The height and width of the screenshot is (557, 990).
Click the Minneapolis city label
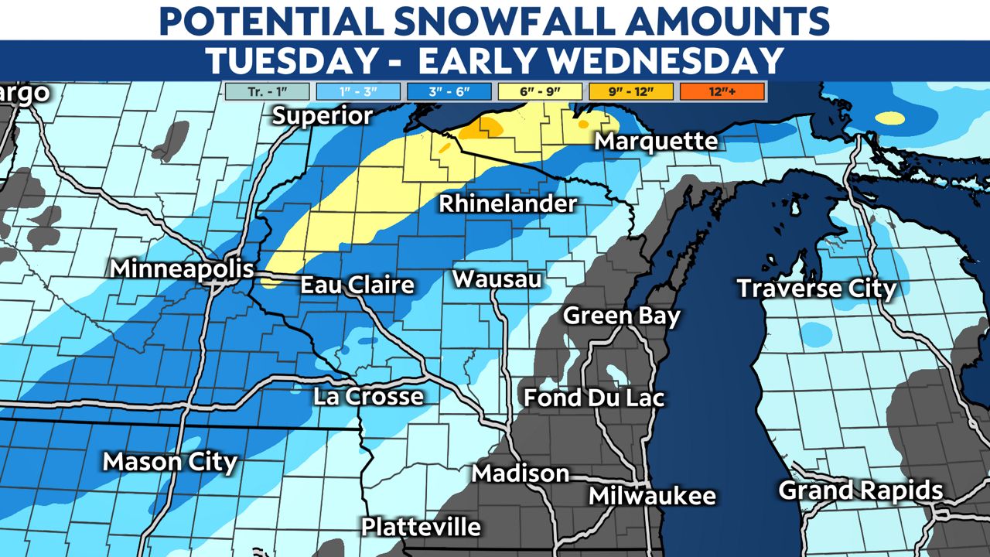click(182, 269)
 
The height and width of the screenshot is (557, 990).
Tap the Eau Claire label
click(357, 285)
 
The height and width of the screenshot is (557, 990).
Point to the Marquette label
click(656, 142)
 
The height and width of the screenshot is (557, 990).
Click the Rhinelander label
click(508, 204)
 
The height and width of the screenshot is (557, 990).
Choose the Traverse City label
click(816, 289)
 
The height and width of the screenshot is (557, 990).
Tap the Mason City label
click(170, 462)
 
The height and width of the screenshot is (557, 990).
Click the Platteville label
click(421, 528)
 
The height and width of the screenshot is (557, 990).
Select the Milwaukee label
click(652, 496)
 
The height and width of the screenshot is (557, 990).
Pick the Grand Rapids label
click(860, 490)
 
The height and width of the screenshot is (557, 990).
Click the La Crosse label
click(368, 397)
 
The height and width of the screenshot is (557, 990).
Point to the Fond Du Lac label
click(594, 398)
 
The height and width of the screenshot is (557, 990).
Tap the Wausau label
click(497, 278)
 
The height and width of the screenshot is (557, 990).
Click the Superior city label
click(323, 116)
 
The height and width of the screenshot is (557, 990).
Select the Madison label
click(521, 473)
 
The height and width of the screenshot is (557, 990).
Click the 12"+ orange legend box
click(722, 91)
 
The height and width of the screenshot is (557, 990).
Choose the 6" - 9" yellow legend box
click(540, 91)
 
